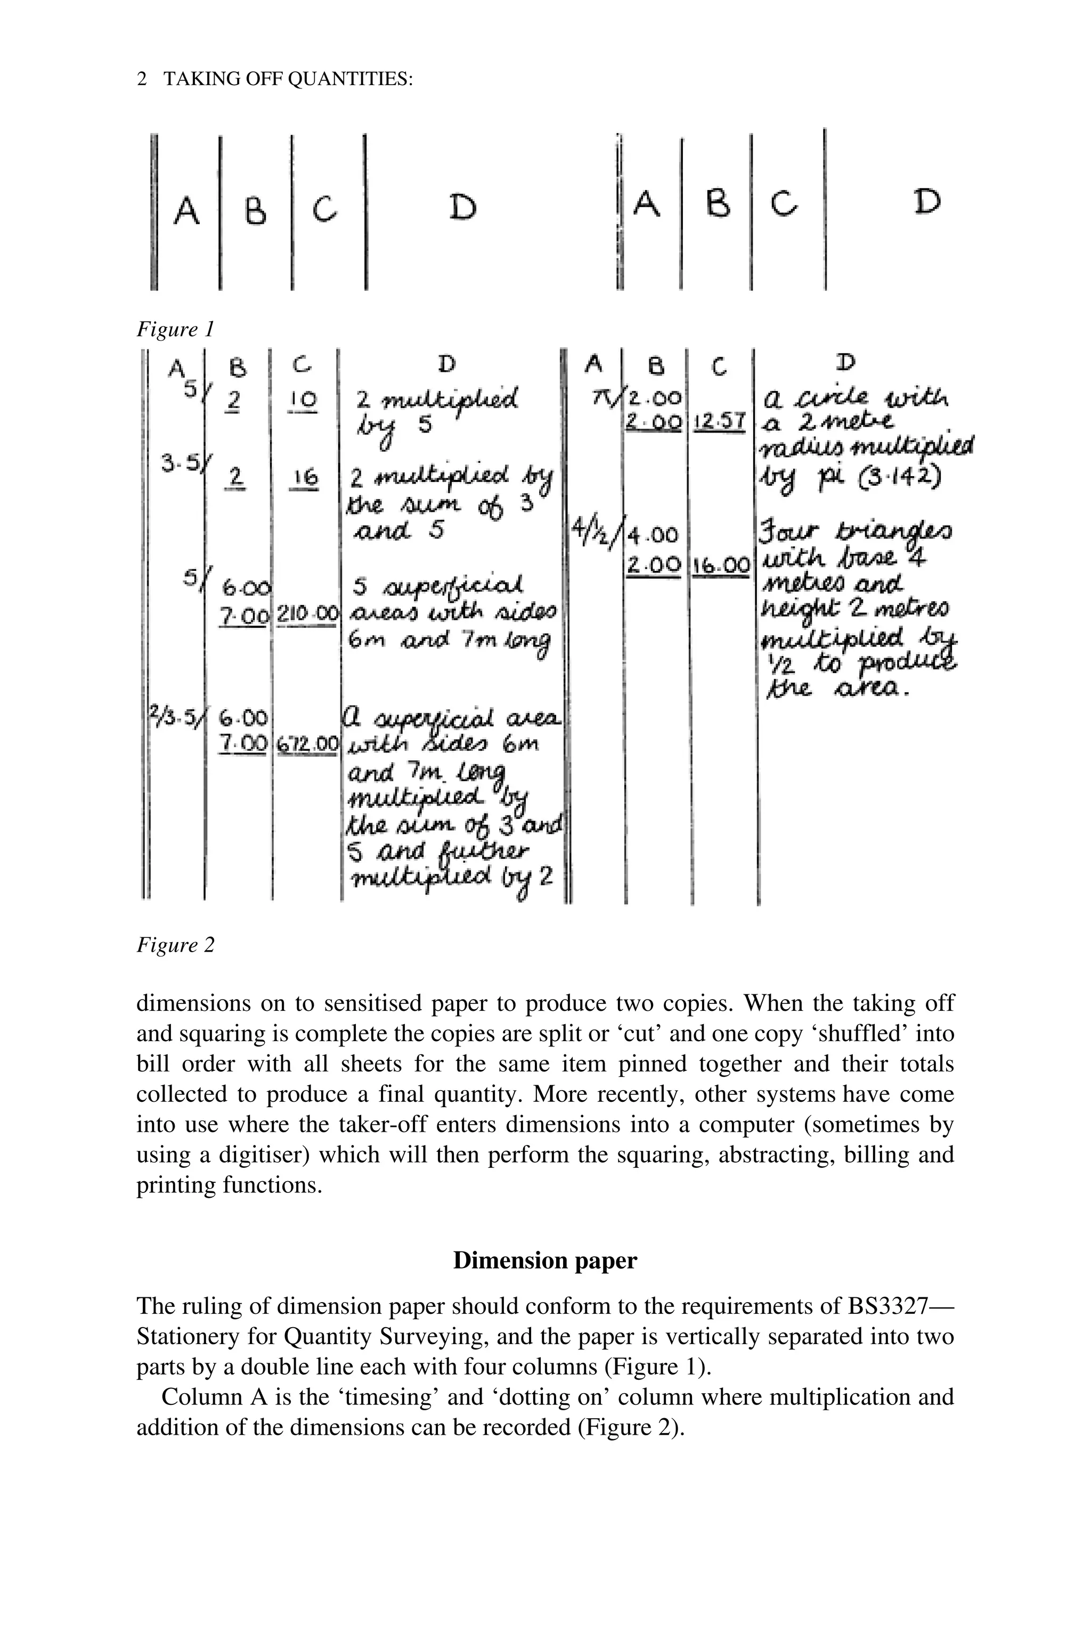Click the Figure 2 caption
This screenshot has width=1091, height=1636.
(175, 945)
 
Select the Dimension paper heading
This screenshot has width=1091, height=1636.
(545, 1261)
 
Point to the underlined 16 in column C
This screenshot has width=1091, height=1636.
(305, 478)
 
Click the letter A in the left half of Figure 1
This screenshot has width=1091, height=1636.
(185, 211)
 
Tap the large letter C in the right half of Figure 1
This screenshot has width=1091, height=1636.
(785, 204)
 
